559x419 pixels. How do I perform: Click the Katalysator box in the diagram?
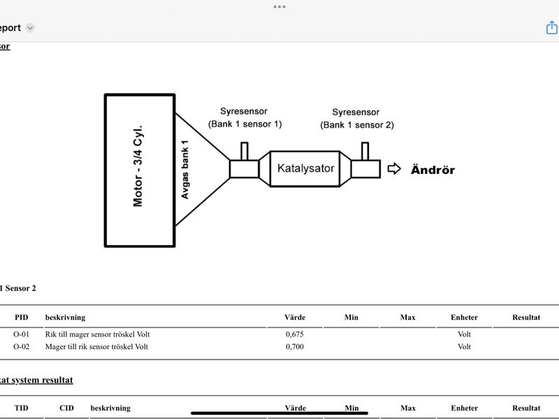tap(305, 168)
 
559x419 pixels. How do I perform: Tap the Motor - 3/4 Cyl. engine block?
tap(140, 170)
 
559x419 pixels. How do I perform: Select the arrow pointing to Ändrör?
tap(394, 168)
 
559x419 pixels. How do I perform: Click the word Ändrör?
tap(433, 170)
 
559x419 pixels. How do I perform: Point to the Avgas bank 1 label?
tap(184, 170)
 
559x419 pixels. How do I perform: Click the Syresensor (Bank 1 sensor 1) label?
tap(245, 117)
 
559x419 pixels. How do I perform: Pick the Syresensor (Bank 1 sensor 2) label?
tap(357, 119)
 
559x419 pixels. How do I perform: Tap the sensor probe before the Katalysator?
tap(245, 151)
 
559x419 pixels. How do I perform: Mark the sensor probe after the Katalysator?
tap(365, 151)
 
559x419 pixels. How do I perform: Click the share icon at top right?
tap(552, 27)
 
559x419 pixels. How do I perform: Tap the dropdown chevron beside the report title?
tap(30, 28)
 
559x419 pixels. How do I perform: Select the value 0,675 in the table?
tap(295, 335)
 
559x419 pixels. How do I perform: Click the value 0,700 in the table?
tap(295, 346)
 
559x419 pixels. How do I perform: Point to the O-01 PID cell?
tap(22, 335)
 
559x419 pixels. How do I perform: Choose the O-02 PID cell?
tap(22, 346)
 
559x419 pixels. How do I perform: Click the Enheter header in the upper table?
tap(464, 317)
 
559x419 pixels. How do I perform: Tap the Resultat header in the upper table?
tap(526, 317)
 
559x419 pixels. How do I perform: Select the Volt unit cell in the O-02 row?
tap(464, 346)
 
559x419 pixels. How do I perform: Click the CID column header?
tap(66, 408)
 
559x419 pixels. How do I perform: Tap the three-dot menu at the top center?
tap(279, 7)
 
